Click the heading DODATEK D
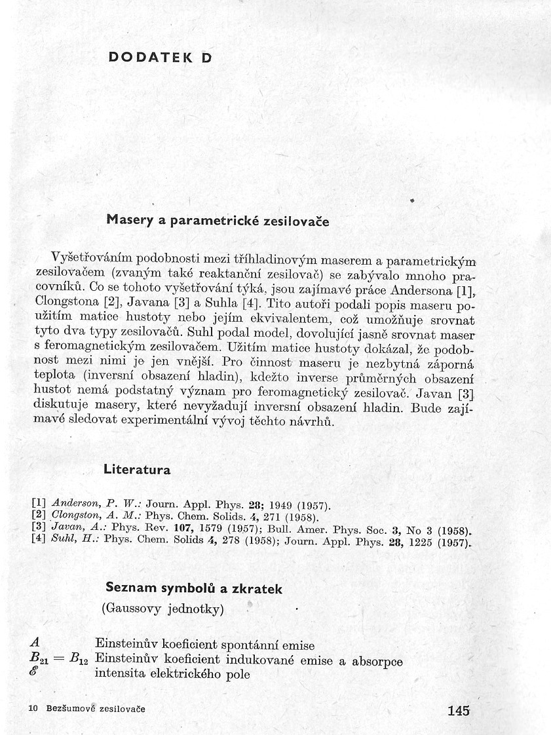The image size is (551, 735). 160,57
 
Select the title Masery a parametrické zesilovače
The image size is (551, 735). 218,221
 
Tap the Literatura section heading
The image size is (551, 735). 136,470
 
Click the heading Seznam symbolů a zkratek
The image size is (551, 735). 194,589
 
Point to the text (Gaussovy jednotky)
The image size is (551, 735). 162,609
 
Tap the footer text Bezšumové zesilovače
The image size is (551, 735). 96,709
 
